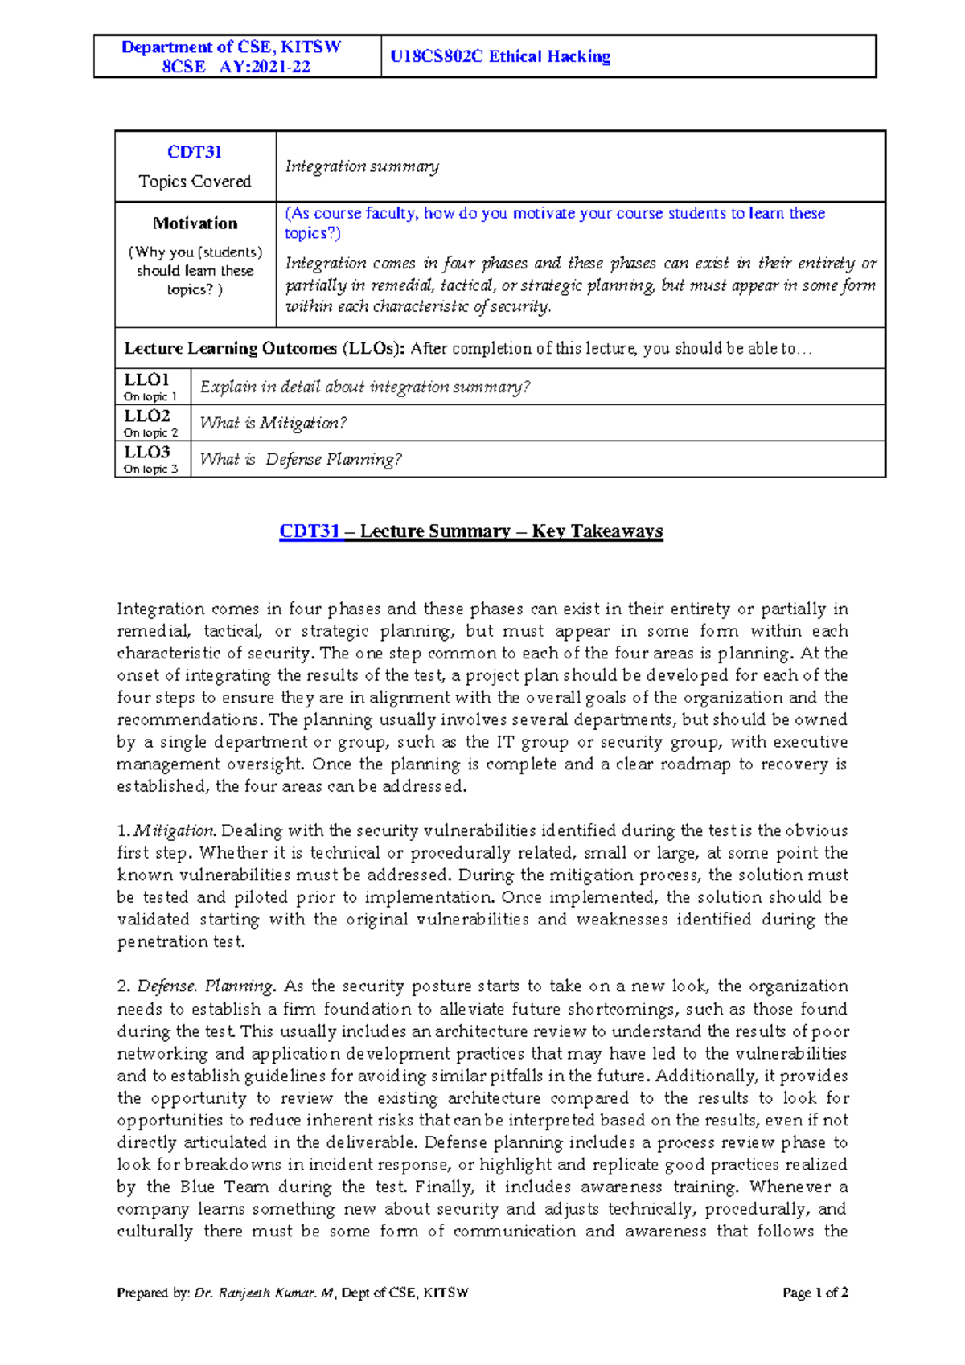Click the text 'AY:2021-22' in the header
(265, 67)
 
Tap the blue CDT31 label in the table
(195, 152)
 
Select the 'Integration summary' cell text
(362, 166)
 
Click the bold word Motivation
(195, 223)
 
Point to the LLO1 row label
(146, 379)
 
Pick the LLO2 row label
(146, 416)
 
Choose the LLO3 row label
(146, 452)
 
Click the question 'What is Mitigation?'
(273, 423)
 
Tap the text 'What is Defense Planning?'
(301, 459)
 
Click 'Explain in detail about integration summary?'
(365, 387)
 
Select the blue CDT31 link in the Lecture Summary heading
(310, 531)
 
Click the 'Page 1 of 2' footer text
(815, 1293)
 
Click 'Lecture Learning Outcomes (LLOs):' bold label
(265, 348)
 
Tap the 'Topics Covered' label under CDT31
(195, 182)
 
